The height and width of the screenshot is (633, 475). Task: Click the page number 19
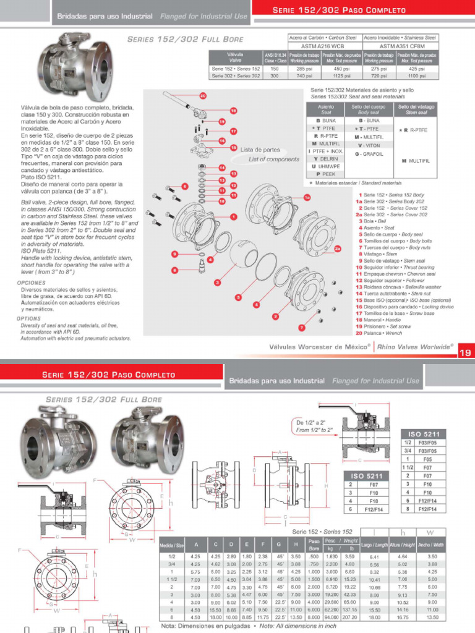pos(465,354)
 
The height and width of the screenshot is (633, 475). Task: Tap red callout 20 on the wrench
pos(203,96)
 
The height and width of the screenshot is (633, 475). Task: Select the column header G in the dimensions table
pos(279,545)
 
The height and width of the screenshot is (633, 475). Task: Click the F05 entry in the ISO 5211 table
pos(427,459)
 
